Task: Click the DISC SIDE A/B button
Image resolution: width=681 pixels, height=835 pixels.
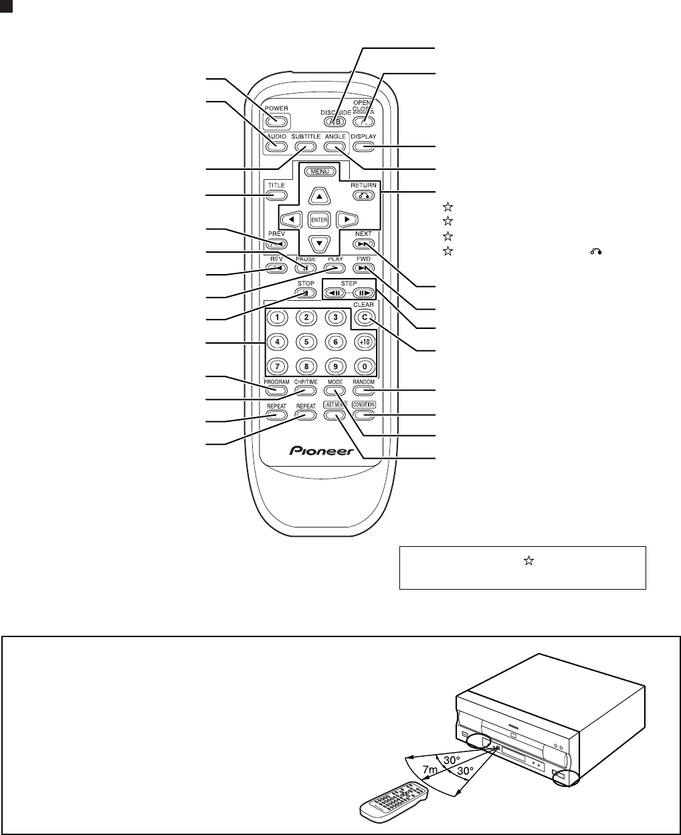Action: pyautogui.click(x=336, y=122)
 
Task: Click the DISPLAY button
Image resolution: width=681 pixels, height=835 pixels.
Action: pyautogui.click(x=364, y=146)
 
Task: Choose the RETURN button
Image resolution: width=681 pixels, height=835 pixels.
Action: pyautogui.click(x=365, y=196)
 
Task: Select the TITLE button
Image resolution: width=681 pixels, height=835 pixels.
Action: pyautogui.click(x=276, y=196)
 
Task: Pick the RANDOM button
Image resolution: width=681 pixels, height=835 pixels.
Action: pyautogui.click(x=365, y=391)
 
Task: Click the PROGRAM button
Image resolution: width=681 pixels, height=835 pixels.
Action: pyautogui.click(x=276, y=391)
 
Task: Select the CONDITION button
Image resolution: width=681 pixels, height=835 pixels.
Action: pyautogui.click(x=365, y=414)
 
